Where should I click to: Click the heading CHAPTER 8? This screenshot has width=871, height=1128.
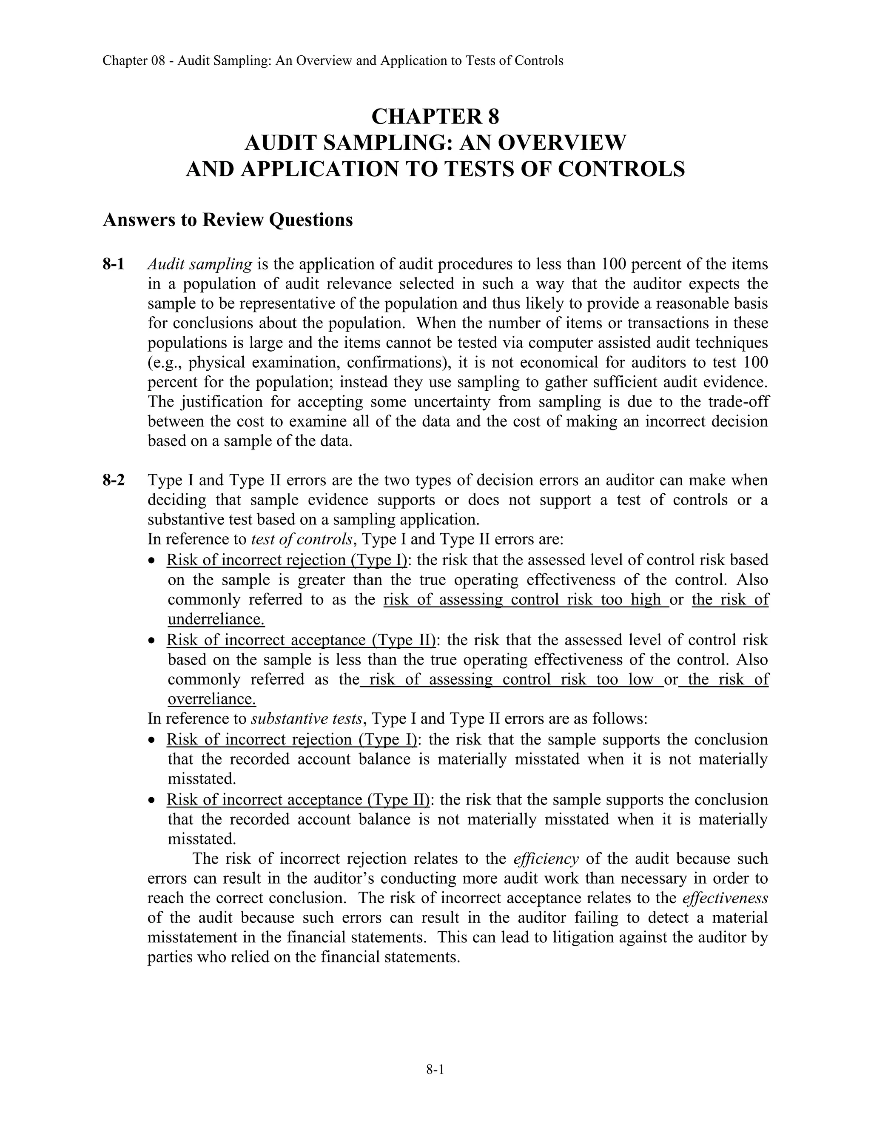435,117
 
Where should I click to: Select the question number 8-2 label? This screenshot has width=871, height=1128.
114,480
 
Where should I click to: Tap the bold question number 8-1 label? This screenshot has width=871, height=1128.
114,264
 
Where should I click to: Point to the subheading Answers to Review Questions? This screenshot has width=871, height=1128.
228,220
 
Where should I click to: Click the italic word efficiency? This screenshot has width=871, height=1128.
546,859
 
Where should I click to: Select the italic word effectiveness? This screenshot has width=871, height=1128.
725,898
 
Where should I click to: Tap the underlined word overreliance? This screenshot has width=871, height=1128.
211,699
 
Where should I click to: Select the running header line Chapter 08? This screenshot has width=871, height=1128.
333,61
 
